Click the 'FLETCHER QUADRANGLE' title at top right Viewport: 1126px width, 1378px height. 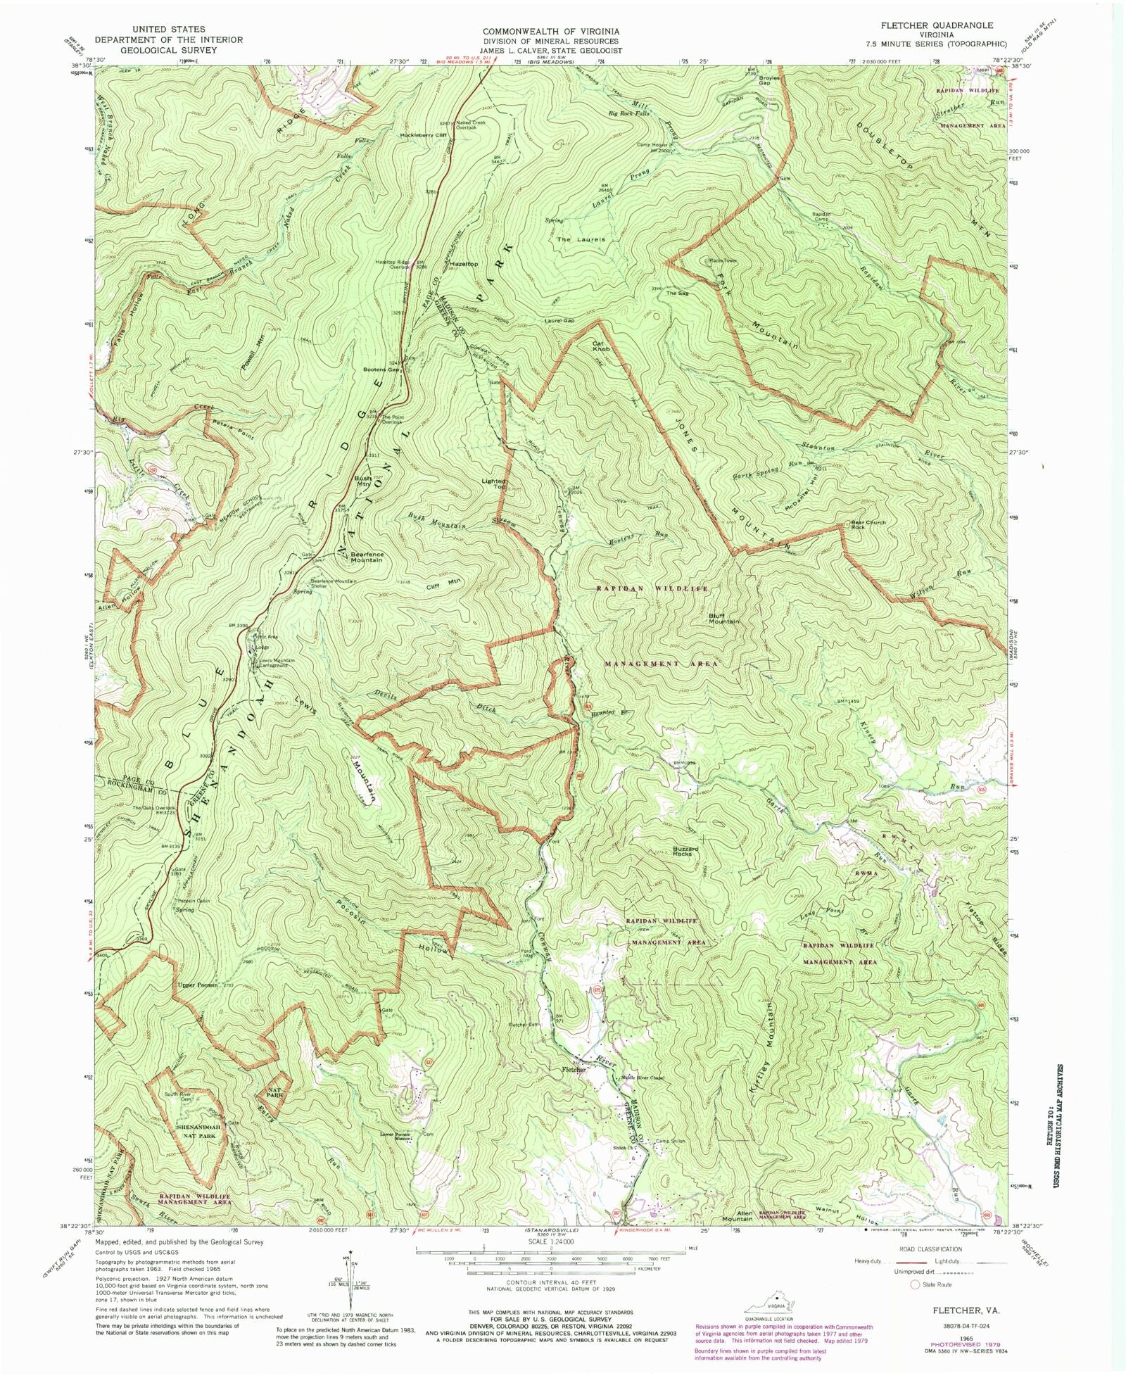coord(935,25)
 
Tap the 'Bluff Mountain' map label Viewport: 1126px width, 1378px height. coord(723,618)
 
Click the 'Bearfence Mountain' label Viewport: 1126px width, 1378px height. coord(367,557)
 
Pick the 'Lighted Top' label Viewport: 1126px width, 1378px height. coord(493,484)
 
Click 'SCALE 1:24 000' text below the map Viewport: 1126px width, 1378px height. coord(550,1242)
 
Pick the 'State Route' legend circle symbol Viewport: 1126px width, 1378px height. coord(915,1284)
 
